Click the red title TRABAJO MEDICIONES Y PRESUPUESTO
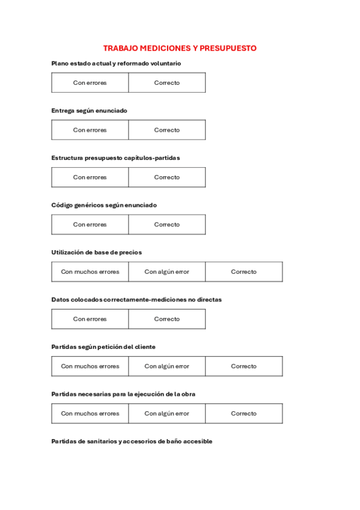click(x=180, y=48)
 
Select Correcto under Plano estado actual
click(x=166, y=83)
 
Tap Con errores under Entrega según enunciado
click(x=90, y=130)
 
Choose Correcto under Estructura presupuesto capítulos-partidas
click(x=166, y=177)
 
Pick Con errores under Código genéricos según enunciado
click(x=90, y=224)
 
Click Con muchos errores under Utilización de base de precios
click(x=90, y=272)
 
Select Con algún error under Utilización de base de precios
click(x=166, y=272)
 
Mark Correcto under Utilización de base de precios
click(x=243, y=272)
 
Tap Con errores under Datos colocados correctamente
click(x=90, y=319)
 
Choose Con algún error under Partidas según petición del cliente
click(x=166, y=366)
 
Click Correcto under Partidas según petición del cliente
click(x=243, y=366)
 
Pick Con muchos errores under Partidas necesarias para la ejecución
click(x=90, y=414)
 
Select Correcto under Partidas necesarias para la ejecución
click(x=243, y=414)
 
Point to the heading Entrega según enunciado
click(x=89, y=111)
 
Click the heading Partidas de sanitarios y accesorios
click(x=132, y=441)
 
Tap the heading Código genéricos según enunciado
click(x=104, y=205)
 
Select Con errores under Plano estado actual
click(x=90, y=83)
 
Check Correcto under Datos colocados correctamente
click(x=166, y=319)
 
